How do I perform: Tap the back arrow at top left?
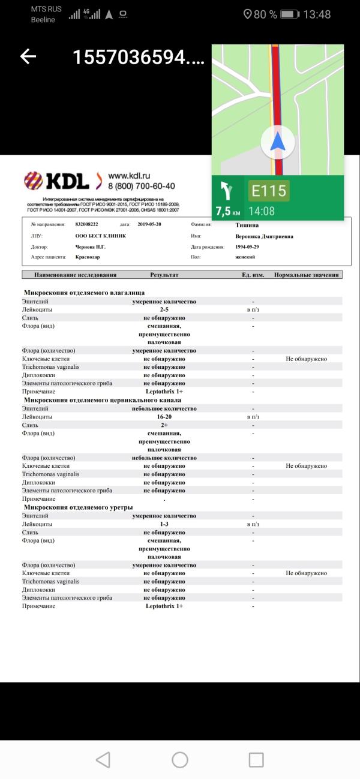coord(28,56)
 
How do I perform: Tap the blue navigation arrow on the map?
coord(277,143)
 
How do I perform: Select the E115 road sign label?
coord(269,191)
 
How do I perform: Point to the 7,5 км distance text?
coord(228,211)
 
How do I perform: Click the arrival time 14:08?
coord(262,211)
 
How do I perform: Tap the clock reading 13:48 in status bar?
coord(317,14)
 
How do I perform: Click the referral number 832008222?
coord(88,224)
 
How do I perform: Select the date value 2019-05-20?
coord(149,224)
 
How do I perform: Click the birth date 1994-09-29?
coord(248,246)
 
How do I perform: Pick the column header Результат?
coord(164,275)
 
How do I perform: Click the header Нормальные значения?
coord(307,275)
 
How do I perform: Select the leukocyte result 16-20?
coord(164,417)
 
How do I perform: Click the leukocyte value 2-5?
coord(164,309)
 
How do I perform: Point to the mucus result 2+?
coord(164,425)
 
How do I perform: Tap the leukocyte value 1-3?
coord(164,524)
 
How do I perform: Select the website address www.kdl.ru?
coord(128,176)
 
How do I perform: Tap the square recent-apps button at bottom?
coord(256,760)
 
